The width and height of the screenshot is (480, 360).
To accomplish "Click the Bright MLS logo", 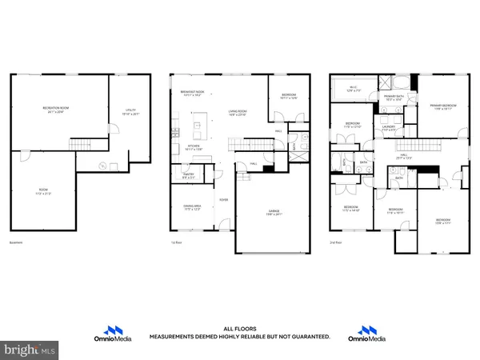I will tap(32, 350).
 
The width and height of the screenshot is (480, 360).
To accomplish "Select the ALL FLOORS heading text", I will tap(240, 329).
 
